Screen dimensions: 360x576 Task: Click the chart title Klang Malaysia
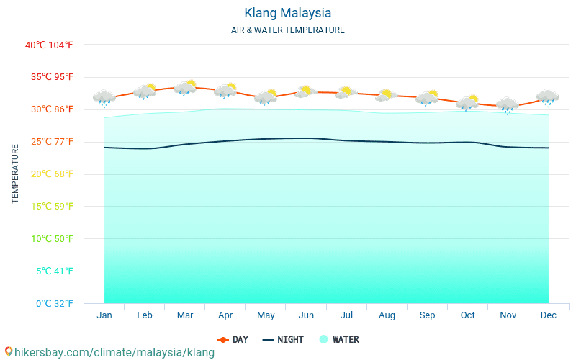(x=287, y=13)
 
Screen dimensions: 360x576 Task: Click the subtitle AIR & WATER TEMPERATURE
(x=287, y=30)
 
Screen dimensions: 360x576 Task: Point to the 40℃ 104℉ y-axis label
(x=49, y=45)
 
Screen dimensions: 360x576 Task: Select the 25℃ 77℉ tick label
(x=49, y=142)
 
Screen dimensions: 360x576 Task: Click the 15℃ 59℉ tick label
(x=49, y=207)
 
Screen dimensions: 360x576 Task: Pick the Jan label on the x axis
(x=104, y=315)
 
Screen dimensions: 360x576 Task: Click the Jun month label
(x=306, y=315)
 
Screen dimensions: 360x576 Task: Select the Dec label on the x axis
(x=548, y=315)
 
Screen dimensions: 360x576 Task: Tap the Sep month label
(x=427, y=315)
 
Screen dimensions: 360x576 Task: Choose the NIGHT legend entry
(x=283, y=339)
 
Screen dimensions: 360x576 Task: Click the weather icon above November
(x=508, y=105)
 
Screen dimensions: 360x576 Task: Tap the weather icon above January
(x=104, y=97)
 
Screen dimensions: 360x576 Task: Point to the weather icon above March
(x=185, y=88)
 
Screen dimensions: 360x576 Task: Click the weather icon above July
(x=346, y=92)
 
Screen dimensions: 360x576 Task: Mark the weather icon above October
(x=467, y=102)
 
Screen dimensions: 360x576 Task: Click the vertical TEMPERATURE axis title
(x=15, y=174)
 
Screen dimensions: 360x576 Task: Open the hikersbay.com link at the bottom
(x=109, y=352)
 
